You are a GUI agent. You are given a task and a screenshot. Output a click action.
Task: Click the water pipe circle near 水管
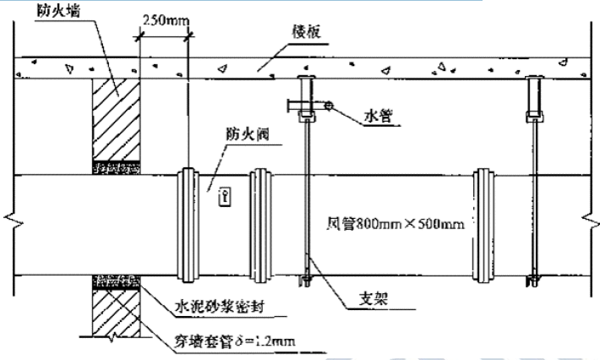click(327, 106)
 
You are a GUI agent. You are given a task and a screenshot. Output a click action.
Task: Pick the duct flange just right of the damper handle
click(259, 224)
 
